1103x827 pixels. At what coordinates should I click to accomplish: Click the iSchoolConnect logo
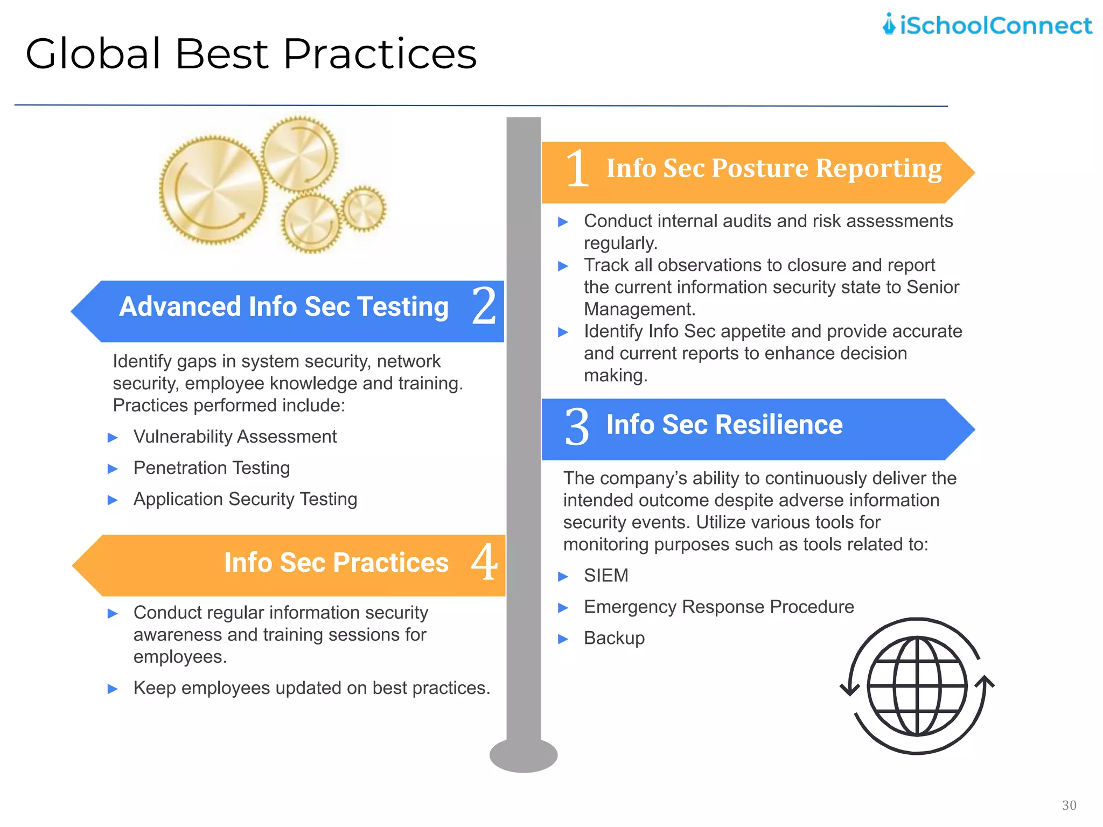[987, 25]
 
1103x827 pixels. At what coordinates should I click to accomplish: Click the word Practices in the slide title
[380, 54]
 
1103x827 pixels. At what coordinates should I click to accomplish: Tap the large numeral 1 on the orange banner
[577, 169]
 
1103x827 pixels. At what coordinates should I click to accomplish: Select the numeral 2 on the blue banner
[484, 306]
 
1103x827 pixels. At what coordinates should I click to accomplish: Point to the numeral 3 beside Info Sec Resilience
[577, 427]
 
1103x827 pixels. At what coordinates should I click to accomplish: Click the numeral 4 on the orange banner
[484, 562]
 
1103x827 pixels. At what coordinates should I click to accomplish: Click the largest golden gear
[213, 190]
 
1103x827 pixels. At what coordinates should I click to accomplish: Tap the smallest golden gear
[365, 209]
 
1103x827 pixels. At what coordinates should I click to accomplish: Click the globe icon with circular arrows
[917, 686]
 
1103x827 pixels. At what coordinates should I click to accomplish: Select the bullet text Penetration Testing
[211, 468]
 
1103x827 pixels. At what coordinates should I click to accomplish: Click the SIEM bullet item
[606, 576]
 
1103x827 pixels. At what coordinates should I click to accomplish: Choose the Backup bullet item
[614, 638]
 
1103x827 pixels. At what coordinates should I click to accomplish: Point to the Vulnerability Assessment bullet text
[235, 437]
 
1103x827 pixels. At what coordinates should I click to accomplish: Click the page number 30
[1069, 805]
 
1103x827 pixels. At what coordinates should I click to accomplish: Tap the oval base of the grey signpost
[523, 755]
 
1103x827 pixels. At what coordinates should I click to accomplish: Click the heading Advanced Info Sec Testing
[284, 307]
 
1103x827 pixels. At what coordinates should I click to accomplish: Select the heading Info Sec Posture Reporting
[774, 169]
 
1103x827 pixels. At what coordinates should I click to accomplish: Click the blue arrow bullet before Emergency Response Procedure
[563, 608]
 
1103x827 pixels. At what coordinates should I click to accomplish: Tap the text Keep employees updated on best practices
[311, 688]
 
